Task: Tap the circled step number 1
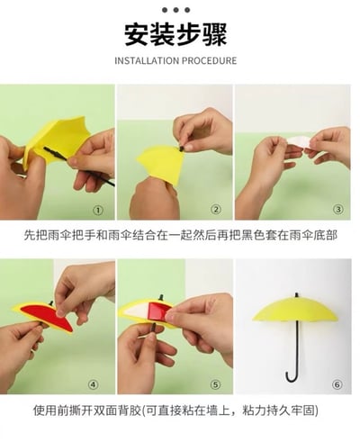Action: tap(98, 211)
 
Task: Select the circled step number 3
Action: tap(337, 211)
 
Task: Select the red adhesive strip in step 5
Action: tap(160, 311)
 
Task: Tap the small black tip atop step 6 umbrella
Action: tap(294, 293)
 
